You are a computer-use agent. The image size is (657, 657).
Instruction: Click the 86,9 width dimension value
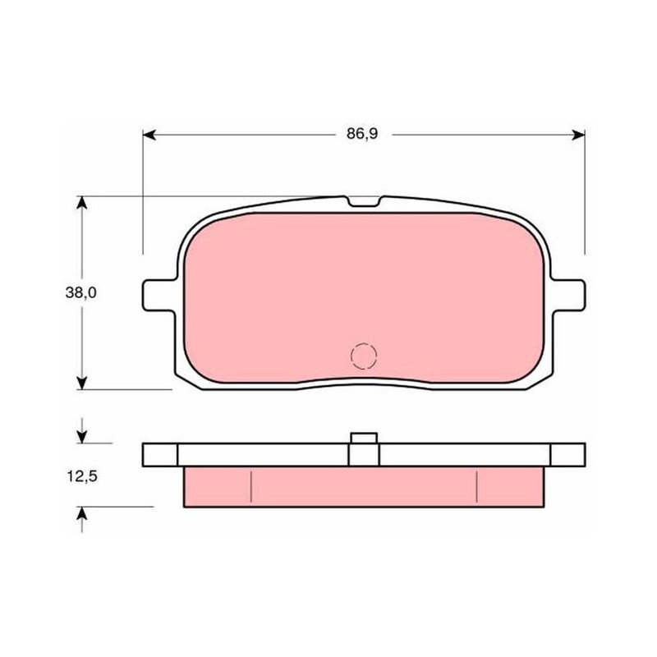362,134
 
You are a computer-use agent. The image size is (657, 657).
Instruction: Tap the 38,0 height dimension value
80,292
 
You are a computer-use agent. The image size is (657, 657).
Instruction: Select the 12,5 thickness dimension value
82,476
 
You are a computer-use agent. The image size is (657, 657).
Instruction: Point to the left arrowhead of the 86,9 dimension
149,135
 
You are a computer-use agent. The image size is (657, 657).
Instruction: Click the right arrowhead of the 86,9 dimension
578,135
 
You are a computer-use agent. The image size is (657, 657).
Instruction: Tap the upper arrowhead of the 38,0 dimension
82,203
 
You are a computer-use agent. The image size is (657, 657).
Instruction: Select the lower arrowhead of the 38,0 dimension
82,383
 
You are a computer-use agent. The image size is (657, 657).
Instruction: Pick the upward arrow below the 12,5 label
82,520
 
